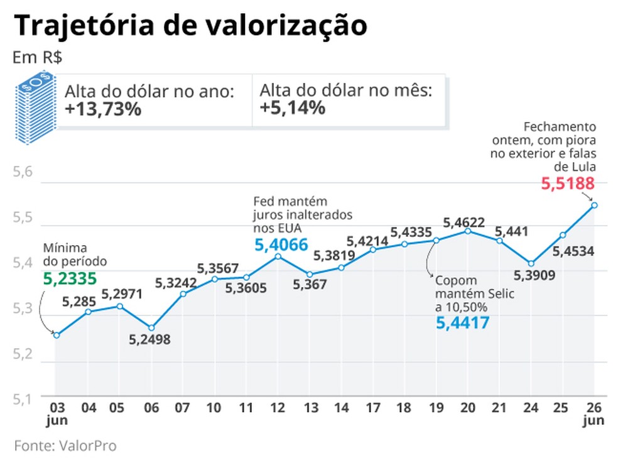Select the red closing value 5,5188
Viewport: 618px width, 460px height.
point(568,184)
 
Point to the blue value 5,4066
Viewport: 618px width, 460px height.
point(281,244)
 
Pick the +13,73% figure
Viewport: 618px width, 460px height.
point(102,109)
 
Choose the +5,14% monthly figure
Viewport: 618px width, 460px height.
point(292,109)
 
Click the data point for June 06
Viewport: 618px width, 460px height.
point(151,327)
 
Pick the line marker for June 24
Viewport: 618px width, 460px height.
point(531,263)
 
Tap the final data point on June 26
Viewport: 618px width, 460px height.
point(594,205)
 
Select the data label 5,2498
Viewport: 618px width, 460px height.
point(150,340)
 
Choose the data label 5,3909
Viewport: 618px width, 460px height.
point(531,276)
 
